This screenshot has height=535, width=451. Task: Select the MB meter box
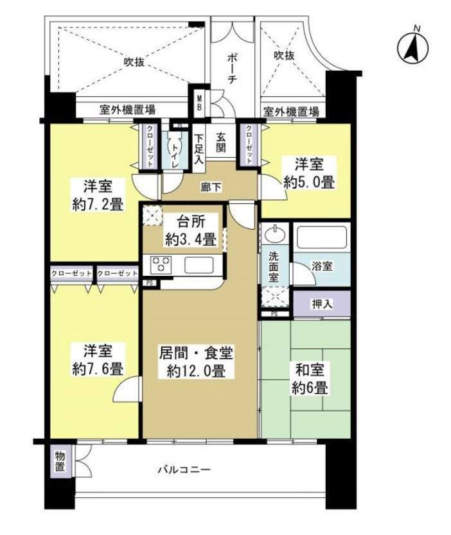[x=199, y=103]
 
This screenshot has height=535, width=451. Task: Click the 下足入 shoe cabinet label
[x=199, y=148]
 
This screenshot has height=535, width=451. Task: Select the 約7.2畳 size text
[x=98, y=205]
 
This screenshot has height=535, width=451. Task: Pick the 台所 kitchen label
[x=190, y=224]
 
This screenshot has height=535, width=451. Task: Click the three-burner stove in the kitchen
[x=161, y=264]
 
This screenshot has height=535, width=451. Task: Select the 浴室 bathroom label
[x=322, y=265]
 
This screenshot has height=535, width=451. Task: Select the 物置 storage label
[x=59, y=463]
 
